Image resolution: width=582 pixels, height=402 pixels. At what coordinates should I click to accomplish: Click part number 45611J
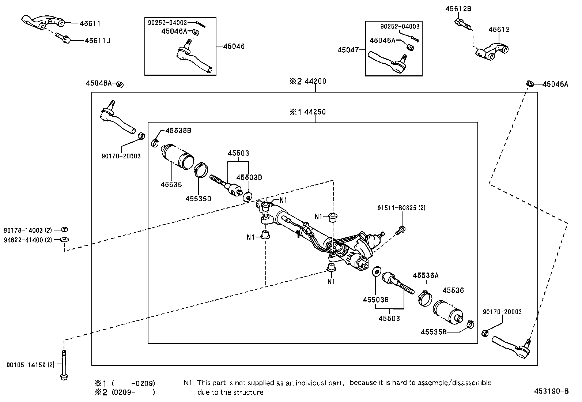tap(97, 41)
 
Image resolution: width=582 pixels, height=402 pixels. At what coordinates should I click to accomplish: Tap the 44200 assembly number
tap(315, 81)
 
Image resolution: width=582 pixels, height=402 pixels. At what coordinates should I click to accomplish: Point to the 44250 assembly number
tap(315, 112)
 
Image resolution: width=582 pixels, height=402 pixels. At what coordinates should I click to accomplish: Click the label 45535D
tap(198, 199)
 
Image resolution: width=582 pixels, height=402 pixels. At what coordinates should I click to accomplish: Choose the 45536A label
tap(426, 275)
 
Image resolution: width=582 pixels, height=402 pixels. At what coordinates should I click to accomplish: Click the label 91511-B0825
tap(401, 208)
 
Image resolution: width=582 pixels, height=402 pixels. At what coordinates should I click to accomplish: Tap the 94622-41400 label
tap(28, 240)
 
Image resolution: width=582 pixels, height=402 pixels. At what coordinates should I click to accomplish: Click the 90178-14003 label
tap(28, 230)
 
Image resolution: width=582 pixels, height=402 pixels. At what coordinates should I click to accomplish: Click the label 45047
tap(348, 50)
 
